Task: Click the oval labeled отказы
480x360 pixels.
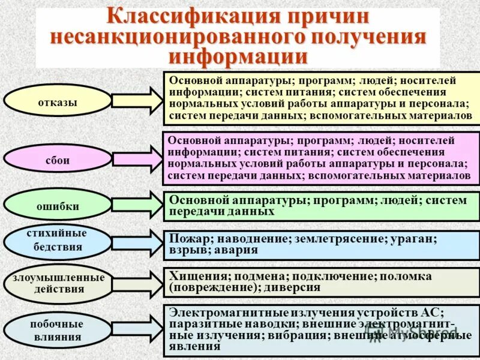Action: point(58,101)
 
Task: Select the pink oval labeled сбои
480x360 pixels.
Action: point(58,160)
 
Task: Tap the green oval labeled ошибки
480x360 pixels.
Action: point(58,206)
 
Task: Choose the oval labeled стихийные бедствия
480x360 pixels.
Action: point(58,240)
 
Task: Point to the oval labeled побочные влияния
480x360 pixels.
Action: point(58,330)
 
